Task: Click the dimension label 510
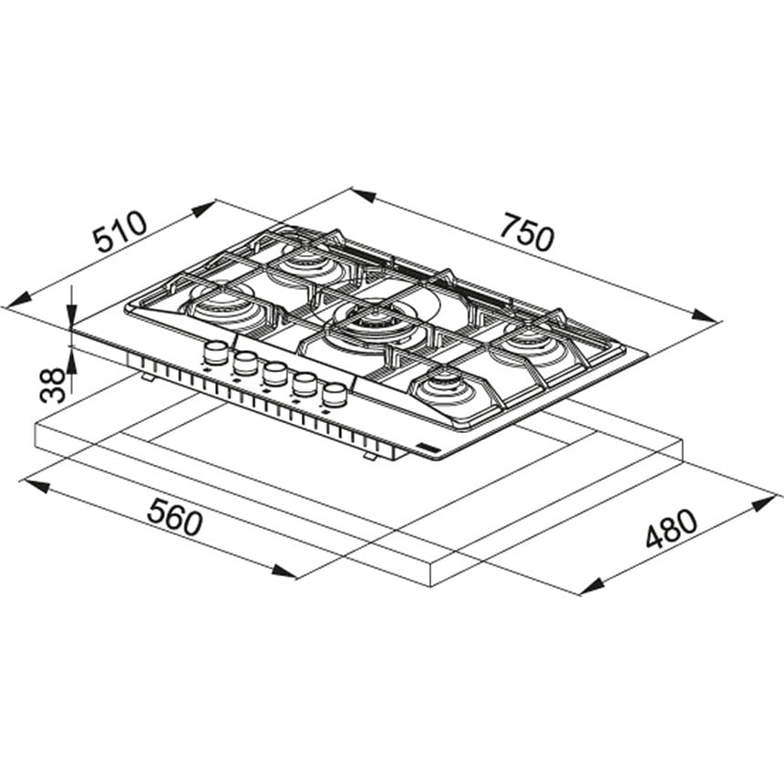[121, 232]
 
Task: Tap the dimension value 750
[528, 232]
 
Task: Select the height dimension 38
[53, 385]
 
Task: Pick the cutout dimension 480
[671, 528]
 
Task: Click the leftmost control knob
[215, 352]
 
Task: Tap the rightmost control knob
[334, 395]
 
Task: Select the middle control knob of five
[274, 373]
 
